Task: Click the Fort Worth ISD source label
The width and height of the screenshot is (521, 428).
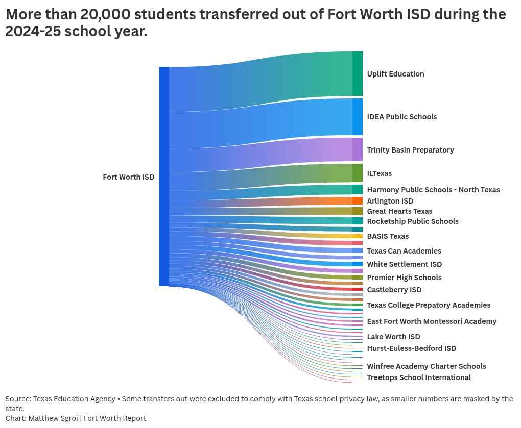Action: pyautogui.click(x=128, y=177)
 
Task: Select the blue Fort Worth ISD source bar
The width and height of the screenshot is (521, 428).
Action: pyautogui.click(x=163, y=176)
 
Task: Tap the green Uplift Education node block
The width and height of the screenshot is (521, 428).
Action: pyautogui.click(x=357, y=73)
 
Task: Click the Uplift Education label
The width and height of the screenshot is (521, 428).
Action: pyautogui.click(x=395, y=74)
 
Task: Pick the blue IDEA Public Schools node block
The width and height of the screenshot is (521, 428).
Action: pyautogui.click(x=357, y=117)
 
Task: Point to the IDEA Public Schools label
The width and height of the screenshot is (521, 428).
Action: pyautogui.click(x=401, y=117)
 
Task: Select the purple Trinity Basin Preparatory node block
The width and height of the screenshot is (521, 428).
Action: pyautogui.click(x=357, y=149)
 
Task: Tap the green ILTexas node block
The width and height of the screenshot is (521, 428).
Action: pyautogui.click(x=357, y=173)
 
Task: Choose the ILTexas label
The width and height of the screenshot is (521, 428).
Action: pyautogui.click(x=379, y=173)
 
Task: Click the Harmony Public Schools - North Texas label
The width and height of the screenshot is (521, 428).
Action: pyautogui.click(x=433, y=190)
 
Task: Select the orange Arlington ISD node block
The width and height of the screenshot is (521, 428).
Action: pyautogui.click(x=357, y=201)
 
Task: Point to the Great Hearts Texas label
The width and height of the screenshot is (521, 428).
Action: pyautogui.click(x=399, y=211)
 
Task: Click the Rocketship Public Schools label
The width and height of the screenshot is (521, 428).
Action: pyautogui.click(x=412, y=221)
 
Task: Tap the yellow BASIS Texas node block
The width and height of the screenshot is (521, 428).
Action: pyautogui.click(x=357, y=236)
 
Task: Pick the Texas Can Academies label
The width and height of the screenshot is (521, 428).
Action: pyautogui.click(x=404, y=251)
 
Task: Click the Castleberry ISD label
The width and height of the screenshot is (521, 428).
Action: pyautogui.click(x=394, y=290)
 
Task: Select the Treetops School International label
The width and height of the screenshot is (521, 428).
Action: pyautogui.click(x=418, y=377)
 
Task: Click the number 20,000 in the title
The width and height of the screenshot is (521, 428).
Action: pyautogui.click(x=104, y=14)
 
